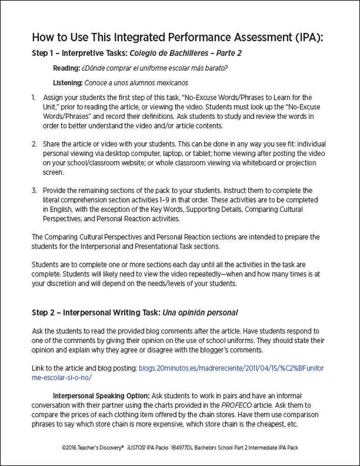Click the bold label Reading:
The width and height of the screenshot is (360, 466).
coord(66,69)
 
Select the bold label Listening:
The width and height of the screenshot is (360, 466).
coord(68,83)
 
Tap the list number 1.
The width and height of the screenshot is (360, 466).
coord(34,98)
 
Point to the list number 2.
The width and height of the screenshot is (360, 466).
coord(34,144)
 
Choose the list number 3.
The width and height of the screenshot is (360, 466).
coord(34,191)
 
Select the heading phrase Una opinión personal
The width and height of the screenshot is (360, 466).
coord(202,312)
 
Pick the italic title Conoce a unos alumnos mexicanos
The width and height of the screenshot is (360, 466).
coord(136,83)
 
